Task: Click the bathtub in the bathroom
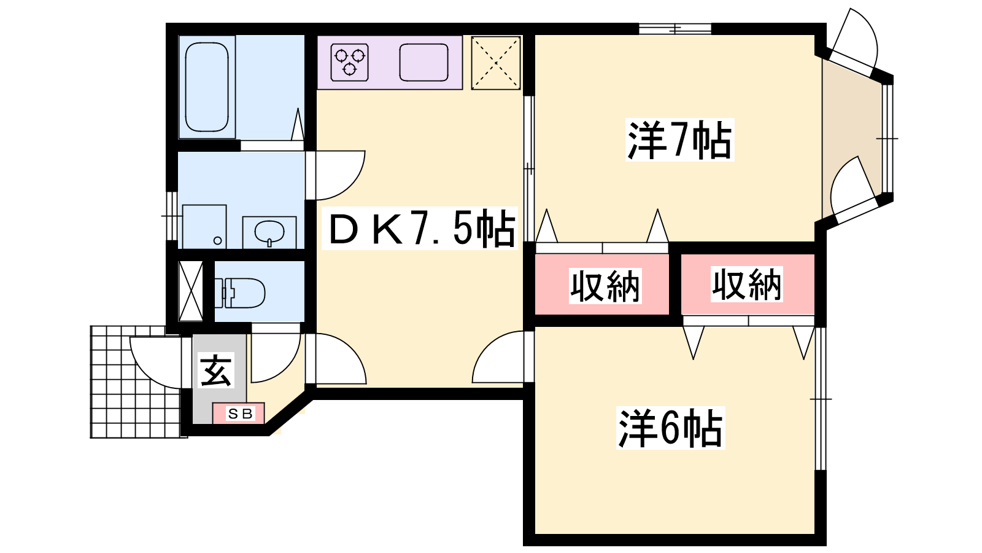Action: pyautogui.click(x=207, y=87)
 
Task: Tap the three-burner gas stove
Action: pyautogui.click(x=349, y=62)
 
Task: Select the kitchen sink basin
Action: pyautogui.click(x=423, y=62)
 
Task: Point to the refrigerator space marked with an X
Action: pyautogui.click(x=496, y=63)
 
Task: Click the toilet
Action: pyautogui.click(x=239, y=292)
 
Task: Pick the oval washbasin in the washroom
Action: pyautogui.click(x=269, y=231)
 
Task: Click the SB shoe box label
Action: pyautogui.click(x=240, y=414)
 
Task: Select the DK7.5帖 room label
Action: pyautogui.click(x=420, y=229)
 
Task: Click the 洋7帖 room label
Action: pyautogui.click(x=679, y=139)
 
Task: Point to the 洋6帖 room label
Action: pyautogui.click(x=670, y=428)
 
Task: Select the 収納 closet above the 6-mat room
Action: pyautogui.click(x=746, y=284)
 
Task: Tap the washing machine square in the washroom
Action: pyautogui.click(x=204, y=227)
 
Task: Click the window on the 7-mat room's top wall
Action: pyautogui.click(x=675, y=29)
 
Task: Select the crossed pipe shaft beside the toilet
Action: pyautogui.click(x=191, y=291)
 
